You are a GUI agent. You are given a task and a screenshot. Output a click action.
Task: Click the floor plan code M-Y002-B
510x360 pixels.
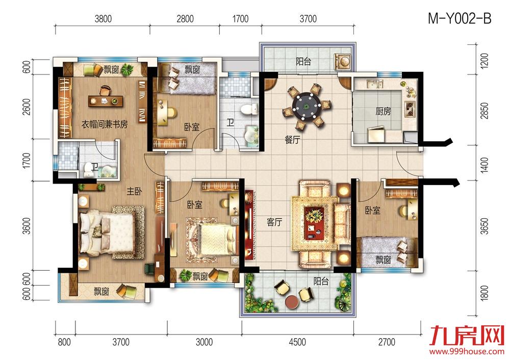point(460,19)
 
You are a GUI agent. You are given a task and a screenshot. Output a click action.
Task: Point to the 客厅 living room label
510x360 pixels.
point(274,222)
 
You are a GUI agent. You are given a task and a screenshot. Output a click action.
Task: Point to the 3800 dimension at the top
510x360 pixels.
point(103,19)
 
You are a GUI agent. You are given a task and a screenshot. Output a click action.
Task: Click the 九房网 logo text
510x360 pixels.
point(464,337)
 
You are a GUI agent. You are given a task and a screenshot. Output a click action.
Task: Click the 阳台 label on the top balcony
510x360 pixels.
point(303,62)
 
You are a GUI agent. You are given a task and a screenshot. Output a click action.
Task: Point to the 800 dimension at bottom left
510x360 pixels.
point(64,342)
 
